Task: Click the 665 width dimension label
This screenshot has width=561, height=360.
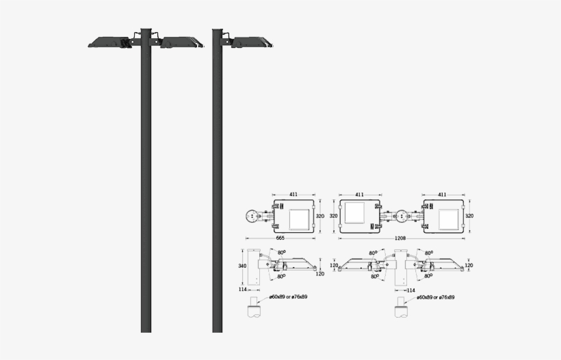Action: (x=280, y=238)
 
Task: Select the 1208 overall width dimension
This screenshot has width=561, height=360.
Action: (x=401, y=238)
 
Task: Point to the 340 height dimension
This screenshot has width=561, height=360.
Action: (x=242, y=266)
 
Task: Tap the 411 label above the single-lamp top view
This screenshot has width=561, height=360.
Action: (x=293, y=195)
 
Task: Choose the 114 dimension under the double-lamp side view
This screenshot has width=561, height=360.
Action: (x=410, y=290)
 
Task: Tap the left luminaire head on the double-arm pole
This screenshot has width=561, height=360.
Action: (x=110, y=42)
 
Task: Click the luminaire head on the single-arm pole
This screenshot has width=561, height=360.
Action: (x=252, y=42)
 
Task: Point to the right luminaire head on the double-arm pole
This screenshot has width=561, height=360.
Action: (x=182, y=42)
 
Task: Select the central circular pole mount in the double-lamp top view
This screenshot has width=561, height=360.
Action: (x=401, y=217)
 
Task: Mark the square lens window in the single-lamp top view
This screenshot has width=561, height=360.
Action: (x=300, y=219)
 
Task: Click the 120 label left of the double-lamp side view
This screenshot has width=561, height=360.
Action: (x=335, y=265)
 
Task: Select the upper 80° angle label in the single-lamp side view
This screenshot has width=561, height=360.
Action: (x=282, y=252)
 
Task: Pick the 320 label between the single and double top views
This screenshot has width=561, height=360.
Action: (x=334, y=216)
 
